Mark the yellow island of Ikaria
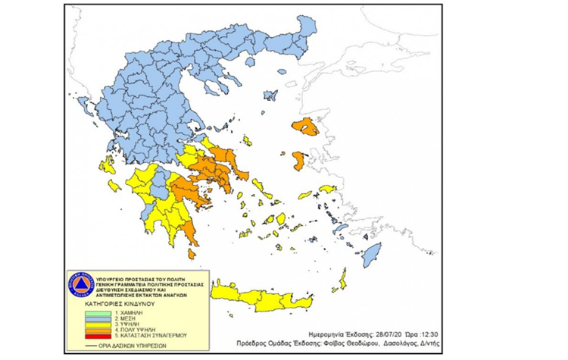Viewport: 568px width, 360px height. (x=326, y=189)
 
